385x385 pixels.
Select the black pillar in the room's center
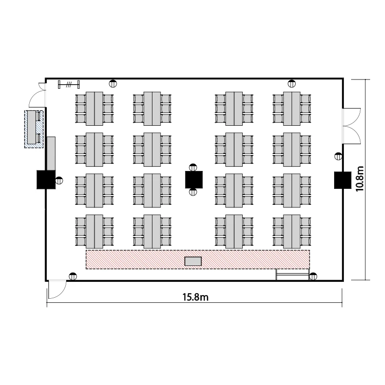coord(194,179)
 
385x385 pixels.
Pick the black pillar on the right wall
coord(342,179)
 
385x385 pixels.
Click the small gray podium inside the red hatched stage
coord(193,261)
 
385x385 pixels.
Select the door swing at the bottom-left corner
coord(56,290)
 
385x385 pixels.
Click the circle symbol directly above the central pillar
coord(194,166)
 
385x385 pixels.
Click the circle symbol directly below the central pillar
coord(194,192)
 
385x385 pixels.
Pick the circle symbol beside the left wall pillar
coord(60,180)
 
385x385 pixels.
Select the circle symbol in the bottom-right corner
coord(313,276)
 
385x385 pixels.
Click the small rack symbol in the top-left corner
coord(69,84)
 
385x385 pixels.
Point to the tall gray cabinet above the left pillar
coord(51,152)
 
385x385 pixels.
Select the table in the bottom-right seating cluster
coord(292,230)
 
